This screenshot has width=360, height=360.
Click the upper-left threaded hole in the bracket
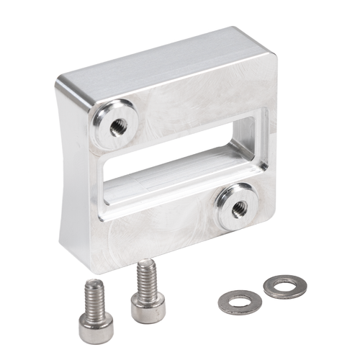pyautogui.click(x=118, y=127)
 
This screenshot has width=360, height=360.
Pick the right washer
pyautogui.click(x=284, y=287)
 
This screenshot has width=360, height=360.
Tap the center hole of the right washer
pyautogui.click(x=284, y=285)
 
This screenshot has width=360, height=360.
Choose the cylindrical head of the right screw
pyautogui.click(x=148, y=307)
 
